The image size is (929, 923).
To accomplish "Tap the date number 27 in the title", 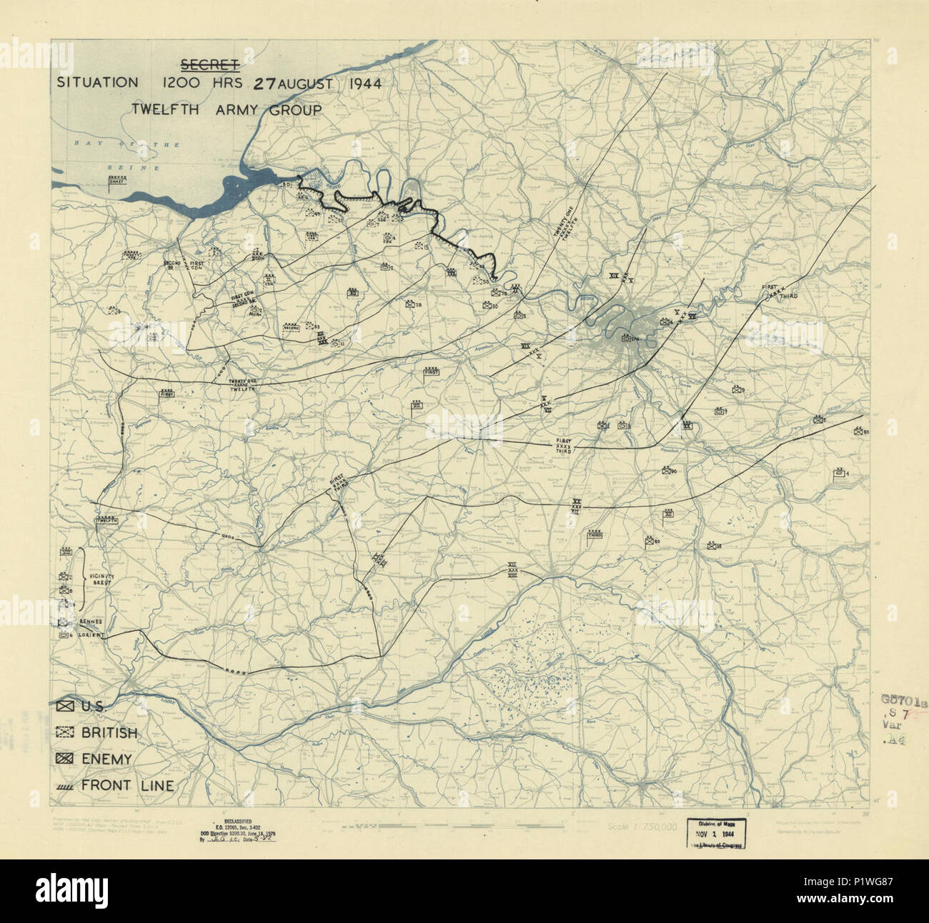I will tap(264, 83).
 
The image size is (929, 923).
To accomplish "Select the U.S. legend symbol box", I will tap(65, 706).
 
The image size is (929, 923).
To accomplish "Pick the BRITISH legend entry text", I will tap(109, 732).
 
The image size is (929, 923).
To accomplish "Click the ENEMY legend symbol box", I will tap(65, 759).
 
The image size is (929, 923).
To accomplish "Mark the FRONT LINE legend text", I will tap(127, 786).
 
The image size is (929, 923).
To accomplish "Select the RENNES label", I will tap(91, 622).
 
